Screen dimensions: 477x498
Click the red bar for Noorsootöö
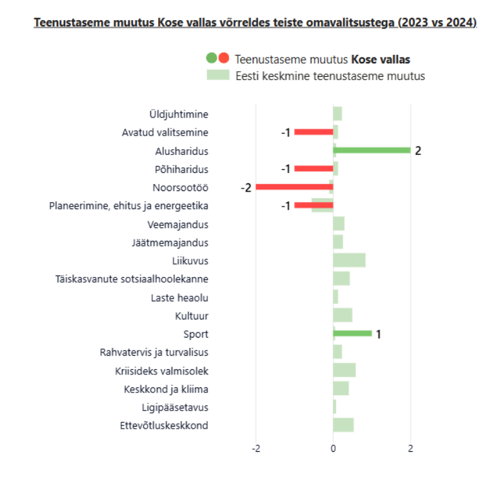tap(294, 187)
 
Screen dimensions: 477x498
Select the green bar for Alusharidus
tap(372, 150)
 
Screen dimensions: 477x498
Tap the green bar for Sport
tap(353, 334)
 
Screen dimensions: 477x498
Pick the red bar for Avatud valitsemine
tap(314, 132)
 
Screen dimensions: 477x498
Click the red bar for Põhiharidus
tap(314, 168)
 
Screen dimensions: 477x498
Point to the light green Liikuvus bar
tap(349, 261)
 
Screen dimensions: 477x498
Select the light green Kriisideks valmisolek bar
tap(344, 370)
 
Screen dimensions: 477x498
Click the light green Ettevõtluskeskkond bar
tap(343, 425)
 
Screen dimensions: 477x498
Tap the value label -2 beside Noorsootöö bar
tap(246, 188)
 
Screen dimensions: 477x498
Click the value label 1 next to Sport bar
tap(379, 334)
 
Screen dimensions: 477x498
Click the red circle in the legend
tap(224, 58)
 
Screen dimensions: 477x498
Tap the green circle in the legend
tap(212, 58)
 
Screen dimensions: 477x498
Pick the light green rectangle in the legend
tap(218, 75)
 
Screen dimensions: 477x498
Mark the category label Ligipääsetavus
tap(175, 407)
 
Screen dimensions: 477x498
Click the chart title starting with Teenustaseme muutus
tap(255, 23)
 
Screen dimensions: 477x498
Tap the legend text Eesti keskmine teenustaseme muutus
tap(330, 76)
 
